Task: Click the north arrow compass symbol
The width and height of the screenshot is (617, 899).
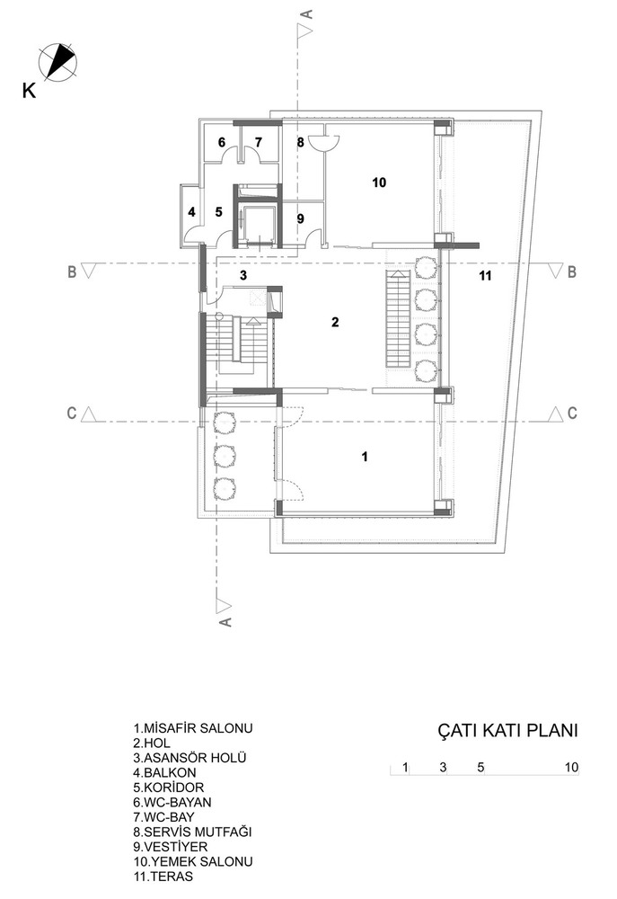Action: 57,60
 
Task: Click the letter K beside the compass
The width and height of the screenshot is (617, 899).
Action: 29,91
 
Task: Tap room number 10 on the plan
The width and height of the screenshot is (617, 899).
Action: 379,182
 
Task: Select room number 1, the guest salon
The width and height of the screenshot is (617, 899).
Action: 365,457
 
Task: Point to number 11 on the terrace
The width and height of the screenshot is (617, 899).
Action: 485,276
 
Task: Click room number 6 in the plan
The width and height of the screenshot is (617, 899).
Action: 222,142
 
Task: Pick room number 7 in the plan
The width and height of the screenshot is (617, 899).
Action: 259,142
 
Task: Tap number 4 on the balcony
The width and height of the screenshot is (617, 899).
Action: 192,212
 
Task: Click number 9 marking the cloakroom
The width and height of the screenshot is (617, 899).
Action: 301,218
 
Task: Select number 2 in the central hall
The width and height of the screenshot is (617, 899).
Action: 335,322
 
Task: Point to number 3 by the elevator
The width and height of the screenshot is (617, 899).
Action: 243,275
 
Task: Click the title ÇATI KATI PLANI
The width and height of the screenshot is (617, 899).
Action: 507,730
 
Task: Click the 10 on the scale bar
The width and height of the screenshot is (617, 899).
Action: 572,767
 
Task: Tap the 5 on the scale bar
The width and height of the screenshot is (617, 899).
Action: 480,767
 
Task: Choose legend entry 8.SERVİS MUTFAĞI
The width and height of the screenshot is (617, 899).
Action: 192,832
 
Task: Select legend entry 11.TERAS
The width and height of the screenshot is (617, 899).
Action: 163,877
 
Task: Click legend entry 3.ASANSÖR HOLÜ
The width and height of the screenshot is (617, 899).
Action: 190,758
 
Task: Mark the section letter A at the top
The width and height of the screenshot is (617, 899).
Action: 307,14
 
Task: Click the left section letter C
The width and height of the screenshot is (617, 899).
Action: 72,413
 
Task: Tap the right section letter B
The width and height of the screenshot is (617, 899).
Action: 571,271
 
